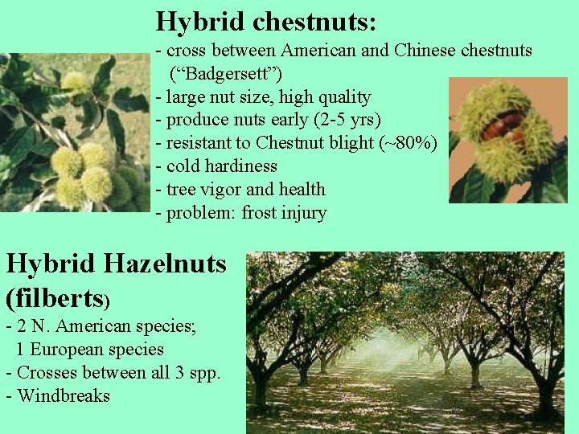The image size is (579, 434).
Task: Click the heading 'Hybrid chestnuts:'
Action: click(265, 22)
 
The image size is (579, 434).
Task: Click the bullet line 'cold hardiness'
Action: click(220, 166)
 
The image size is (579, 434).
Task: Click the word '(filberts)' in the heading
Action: click(57, 297)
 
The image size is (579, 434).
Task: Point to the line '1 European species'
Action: click(89, 350)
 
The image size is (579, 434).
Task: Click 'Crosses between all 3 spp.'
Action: click(117, 373)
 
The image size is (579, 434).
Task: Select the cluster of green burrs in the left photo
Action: click(88, 173)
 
